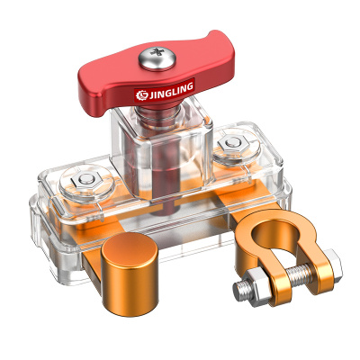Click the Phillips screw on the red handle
[157, 58]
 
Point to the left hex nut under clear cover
[86, 180]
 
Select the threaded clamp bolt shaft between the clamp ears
[299, 274]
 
